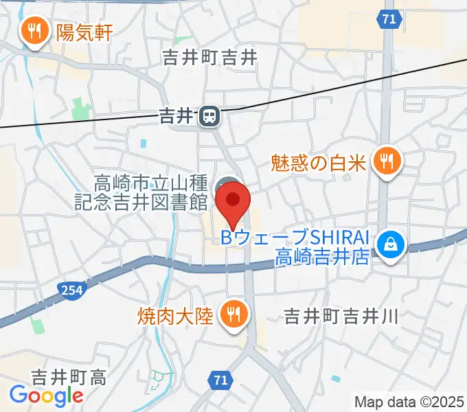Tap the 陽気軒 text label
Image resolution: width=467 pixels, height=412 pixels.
pos(84,32)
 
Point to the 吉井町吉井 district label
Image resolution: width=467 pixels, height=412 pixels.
pos(210,58)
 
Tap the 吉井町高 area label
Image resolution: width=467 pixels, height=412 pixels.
pos(69,376)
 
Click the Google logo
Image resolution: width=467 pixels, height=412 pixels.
pos(46,395)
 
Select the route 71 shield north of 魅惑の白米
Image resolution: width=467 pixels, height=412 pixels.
pos(389,20)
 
